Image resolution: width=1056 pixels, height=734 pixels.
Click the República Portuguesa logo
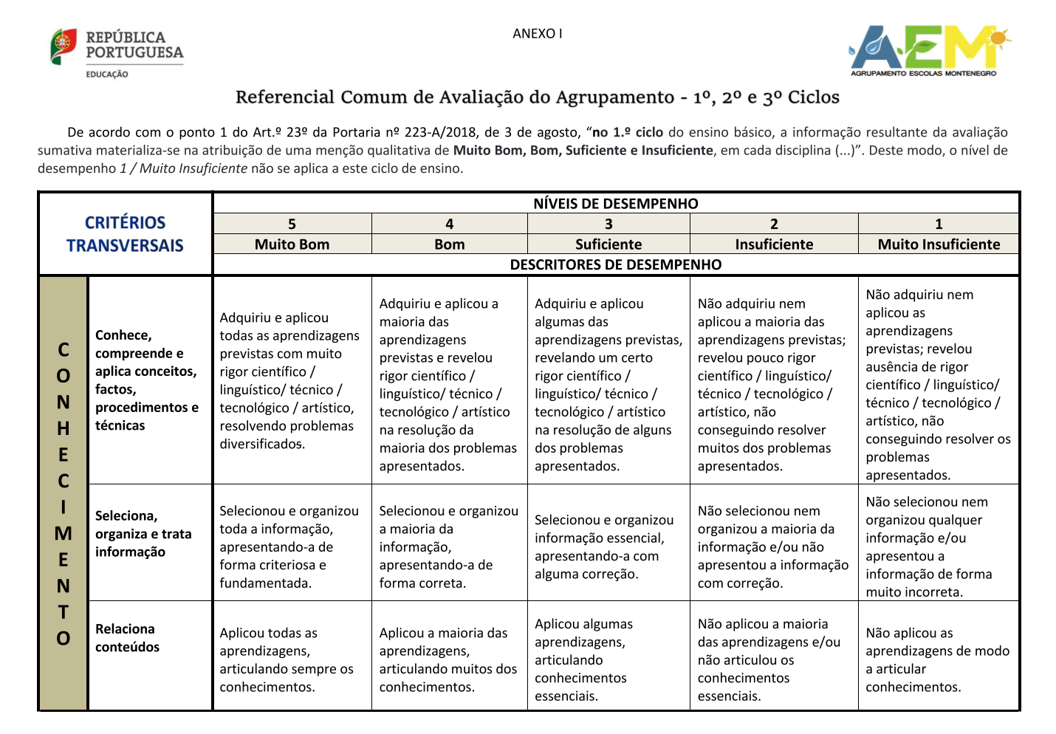pos(117,52)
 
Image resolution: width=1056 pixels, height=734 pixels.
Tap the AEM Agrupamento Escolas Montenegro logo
pos(930,50)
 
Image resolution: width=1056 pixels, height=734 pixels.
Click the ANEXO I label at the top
pos(537,34)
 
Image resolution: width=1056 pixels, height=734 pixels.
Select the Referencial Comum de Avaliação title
pos(537,97)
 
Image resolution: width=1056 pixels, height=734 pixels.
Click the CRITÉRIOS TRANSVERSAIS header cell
pos(125,234)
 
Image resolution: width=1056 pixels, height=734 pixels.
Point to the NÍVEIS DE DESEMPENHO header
pos(615,204)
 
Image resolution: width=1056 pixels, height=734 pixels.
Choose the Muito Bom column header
pos(292,244)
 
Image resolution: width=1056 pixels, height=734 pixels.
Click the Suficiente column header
pos(608,244)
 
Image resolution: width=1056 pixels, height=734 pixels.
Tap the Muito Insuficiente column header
pos(939,244)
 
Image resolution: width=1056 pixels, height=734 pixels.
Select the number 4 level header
pos(449,224)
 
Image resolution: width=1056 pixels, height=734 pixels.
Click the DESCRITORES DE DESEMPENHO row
pos(615,264)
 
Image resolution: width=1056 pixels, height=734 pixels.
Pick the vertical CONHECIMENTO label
pos(64,493)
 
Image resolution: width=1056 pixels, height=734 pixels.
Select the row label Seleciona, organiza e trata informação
pos(143,534)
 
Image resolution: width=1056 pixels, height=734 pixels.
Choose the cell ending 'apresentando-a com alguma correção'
pos(604,546)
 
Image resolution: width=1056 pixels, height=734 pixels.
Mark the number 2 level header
pos(774,224)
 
